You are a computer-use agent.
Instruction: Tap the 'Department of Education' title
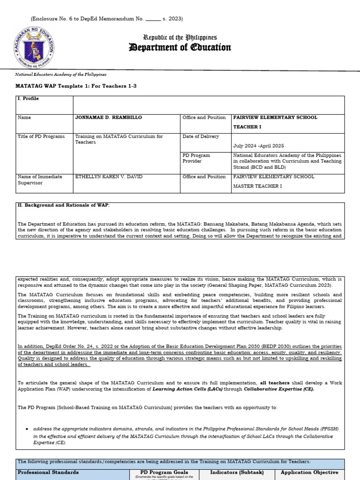[x=180, y=48]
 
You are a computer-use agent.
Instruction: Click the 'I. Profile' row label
[x=28, y=99]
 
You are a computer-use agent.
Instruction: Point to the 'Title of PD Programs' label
[x=41, y=136]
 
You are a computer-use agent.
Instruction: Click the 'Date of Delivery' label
[x=201, y=136]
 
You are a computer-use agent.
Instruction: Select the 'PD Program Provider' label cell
[x=196, y=158]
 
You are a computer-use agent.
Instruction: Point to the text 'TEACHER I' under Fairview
[x=247, y=127]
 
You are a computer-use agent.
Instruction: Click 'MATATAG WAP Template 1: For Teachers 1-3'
[x=77, y=86]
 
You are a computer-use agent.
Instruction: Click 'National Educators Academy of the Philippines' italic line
[x=61, y=75]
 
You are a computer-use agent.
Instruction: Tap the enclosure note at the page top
[x=107, y=19]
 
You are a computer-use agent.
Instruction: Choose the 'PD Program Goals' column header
[x=164, y=472]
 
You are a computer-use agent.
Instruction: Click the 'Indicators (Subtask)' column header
[x=237, y=472]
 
